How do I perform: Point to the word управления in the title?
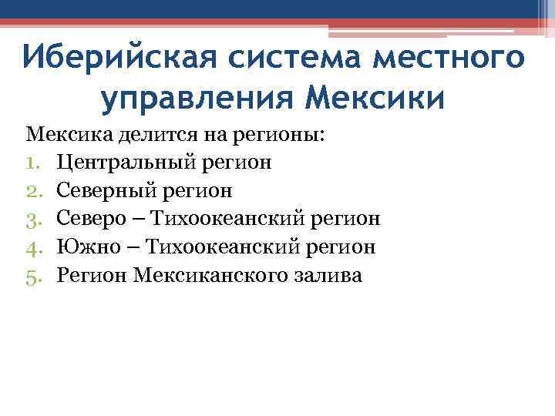[197, 99]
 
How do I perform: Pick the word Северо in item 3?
[90, 219]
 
